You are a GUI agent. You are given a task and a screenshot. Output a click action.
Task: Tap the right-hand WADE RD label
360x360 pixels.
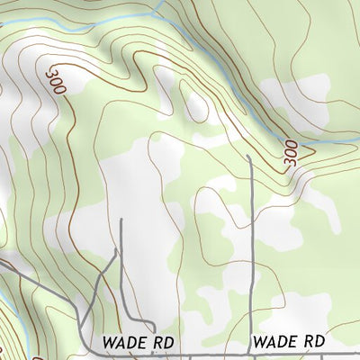288,342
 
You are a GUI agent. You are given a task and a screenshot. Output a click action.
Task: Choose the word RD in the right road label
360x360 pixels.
313,342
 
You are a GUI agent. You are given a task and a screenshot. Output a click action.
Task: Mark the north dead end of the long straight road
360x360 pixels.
248,156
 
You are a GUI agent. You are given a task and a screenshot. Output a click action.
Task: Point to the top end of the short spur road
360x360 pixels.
121,219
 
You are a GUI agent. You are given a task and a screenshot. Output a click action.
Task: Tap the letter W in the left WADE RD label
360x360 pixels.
108,343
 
